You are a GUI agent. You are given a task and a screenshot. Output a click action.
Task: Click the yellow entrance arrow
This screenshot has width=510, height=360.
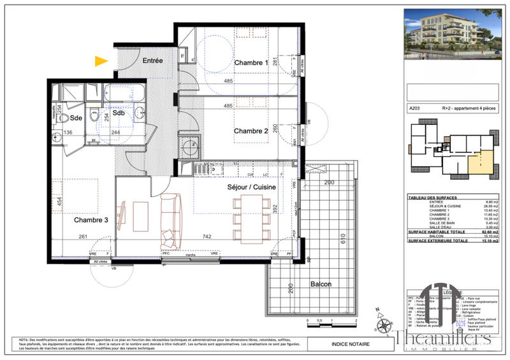pos(101,61)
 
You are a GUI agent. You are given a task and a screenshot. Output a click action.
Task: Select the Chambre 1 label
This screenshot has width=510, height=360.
pos(251,63)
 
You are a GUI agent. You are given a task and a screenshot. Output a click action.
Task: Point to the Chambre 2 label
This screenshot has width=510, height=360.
pos(251,131)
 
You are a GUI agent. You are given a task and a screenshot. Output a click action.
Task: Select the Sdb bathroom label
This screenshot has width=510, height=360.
pos(119,113)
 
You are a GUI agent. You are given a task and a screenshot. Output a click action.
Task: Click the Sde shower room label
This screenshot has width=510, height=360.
pos(76,118)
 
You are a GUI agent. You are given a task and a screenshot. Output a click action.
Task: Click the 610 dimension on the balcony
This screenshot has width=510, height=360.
pos(342,240)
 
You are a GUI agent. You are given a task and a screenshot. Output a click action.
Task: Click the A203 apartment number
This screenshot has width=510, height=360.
pos(416,109)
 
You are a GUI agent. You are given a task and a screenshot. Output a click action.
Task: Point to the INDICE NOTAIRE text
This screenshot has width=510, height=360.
pos(349,345)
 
